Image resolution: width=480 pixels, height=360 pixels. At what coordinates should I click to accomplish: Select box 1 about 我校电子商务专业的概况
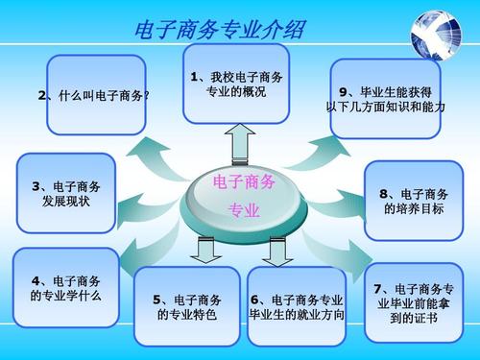(235, 84)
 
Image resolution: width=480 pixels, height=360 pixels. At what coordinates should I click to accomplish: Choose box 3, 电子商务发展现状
(64, 195)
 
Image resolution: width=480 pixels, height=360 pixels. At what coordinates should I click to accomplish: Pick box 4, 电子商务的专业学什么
(65, 287)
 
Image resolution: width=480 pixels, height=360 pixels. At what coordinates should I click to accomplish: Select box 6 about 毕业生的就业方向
(296, 306)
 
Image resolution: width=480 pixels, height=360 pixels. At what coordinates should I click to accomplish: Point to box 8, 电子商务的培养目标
(413, 201)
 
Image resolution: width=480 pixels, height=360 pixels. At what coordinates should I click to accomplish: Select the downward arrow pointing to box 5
(203, 250)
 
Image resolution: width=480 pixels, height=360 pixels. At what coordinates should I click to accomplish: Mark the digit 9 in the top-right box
(343, 92)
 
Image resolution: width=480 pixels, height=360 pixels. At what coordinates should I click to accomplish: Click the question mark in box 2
(147, 96)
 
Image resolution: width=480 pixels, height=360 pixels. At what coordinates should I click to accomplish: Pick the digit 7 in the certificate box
(380, 288)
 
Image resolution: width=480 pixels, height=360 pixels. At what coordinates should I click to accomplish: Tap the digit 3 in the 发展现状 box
(36, 187)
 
